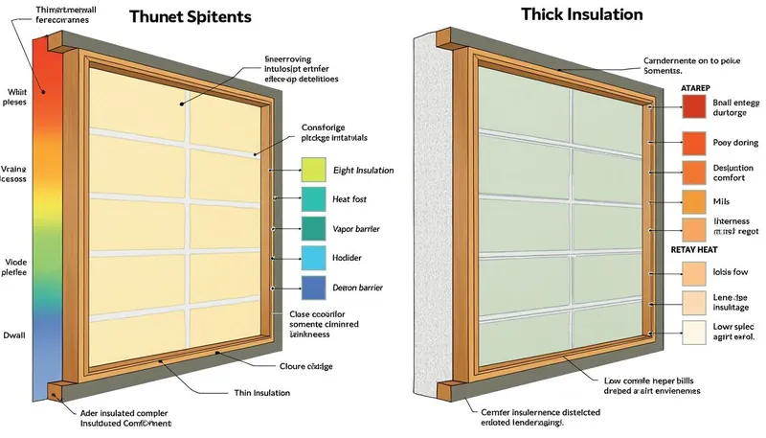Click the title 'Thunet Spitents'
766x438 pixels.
point(191,17)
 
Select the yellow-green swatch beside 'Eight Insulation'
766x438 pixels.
point(314,171)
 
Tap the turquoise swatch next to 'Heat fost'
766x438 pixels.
point(314,199)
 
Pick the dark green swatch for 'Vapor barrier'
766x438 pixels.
point(314,228)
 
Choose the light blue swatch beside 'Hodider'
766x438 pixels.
point(314,257)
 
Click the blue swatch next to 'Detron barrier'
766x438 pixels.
point(314,287)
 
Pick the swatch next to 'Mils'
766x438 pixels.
point(694,201)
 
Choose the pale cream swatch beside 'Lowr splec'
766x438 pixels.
point(694,333)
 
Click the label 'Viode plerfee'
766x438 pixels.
point(14,266)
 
